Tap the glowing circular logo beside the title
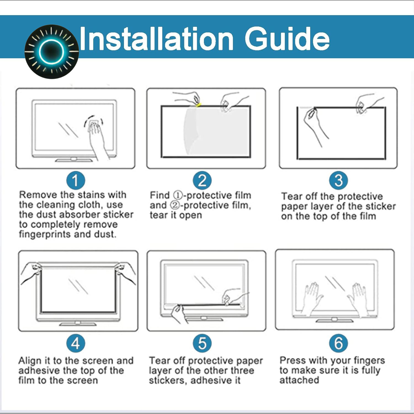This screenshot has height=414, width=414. (x=52, y=52)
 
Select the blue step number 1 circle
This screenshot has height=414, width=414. (x=76, y=181)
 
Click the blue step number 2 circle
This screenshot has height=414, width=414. (x=202, y=181)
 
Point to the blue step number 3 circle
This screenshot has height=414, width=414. (x=338, y=181)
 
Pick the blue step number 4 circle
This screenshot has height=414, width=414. (x=76, y=343)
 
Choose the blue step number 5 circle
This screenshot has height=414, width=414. (x=202, y=343)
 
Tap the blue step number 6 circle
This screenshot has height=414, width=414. (x=338, y=343)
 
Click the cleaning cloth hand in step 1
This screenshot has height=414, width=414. (x=97, y=135)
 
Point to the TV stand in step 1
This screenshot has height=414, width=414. (x=73, y=160)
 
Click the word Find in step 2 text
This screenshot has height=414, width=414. (x=160, y=195)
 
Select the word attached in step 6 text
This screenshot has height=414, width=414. (x=299, y=380)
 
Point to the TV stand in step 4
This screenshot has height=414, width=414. (x=78, y=323)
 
